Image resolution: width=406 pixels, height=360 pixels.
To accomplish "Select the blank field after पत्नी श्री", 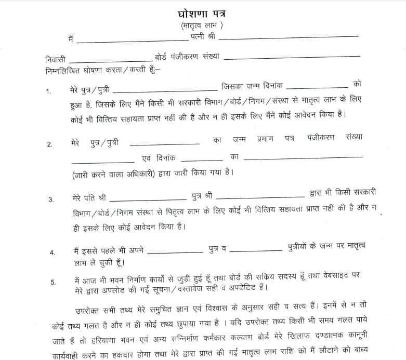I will click(292, 37).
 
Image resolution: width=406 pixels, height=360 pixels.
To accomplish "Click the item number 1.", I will click(49, 91).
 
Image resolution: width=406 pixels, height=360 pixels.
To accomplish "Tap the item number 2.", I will click(50, 144).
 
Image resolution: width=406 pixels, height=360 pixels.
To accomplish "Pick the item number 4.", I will click(52, 252).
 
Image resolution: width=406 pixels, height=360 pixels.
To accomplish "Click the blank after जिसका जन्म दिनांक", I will click(317, 87).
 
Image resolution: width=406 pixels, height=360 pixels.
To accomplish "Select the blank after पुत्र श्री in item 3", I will click(259, 197).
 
